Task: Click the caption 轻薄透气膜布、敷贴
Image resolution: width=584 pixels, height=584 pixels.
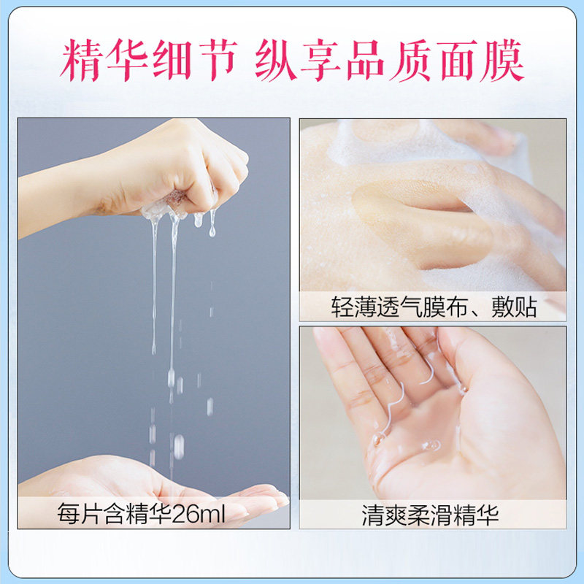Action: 434,307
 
